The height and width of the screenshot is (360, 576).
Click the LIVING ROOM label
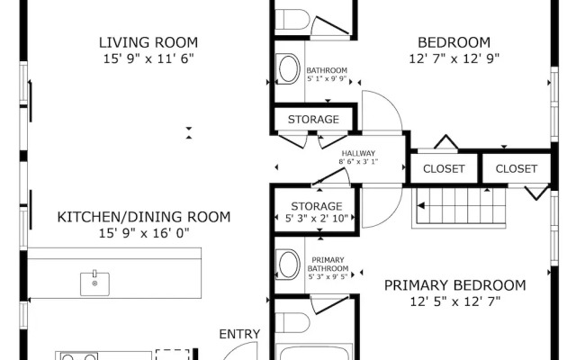148,42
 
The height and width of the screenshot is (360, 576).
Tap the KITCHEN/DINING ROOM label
144,217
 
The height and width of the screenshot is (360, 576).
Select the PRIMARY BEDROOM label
455,285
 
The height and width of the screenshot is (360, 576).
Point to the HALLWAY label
358,153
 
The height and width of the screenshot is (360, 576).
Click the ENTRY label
239,334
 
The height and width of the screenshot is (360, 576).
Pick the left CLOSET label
444,169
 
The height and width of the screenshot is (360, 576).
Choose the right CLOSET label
517,169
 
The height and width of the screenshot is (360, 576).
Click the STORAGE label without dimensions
313,120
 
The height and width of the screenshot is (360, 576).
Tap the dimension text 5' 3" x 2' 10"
317,219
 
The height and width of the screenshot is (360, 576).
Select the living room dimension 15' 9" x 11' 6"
148,58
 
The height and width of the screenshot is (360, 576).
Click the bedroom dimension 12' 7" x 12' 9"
454,58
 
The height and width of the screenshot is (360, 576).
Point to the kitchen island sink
94,283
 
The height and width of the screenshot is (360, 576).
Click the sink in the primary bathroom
289,264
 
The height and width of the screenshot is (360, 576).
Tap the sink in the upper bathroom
289,69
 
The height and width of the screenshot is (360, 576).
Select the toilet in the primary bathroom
292,323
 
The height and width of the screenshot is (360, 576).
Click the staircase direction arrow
421,206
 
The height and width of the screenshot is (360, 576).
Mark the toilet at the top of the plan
292,20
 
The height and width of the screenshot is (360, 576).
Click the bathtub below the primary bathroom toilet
314,352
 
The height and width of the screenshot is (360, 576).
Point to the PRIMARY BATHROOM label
328,265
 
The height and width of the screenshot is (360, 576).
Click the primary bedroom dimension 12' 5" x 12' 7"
455,302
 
